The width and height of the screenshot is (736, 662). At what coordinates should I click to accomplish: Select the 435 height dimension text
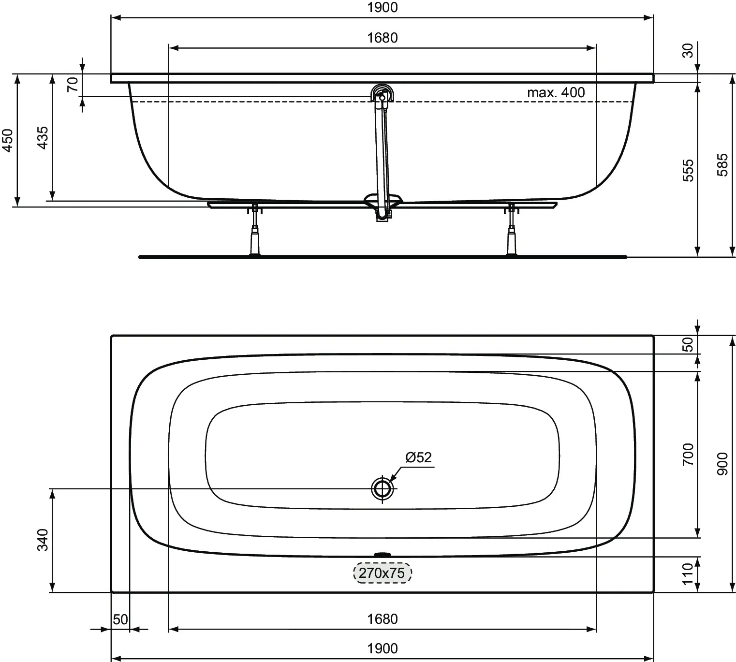(x=43, y=137)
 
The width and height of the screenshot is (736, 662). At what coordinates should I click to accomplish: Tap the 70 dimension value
(x=73, y=85)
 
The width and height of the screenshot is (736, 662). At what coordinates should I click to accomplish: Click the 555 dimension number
(x=688, y=170)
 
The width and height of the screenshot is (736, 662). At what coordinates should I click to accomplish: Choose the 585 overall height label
(x=722, y=165)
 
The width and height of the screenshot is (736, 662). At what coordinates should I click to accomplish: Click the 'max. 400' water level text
(x=556, y=92)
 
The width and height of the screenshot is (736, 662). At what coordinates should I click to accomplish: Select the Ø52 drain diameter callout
(x=418, y=457)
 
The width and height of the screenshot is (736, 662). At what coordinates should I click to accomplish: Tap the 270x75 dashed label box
(x=382, y=573)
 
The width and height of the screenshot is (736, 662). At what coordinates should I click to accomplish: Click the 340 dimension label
(x=43, y=540)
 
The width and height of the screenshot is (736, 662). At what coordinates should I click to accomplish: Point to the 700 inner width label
(x=688, y=454)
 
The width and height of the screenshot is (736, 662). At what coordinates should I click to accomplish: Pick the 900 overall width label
(x=722, y=463)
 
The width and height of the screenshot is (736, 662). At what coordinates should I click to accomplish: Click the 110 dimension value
(x=688, y=574)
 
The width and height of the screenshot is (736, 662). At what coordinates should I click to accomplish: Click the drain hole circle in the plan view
(x=383, y=488)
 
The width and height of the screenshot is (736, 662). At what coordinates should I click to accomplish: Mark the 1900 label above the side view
(x=382, y=8)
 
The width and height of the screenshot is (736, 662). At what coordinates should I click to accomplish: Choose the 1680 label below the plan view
(x=382, y=619)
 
